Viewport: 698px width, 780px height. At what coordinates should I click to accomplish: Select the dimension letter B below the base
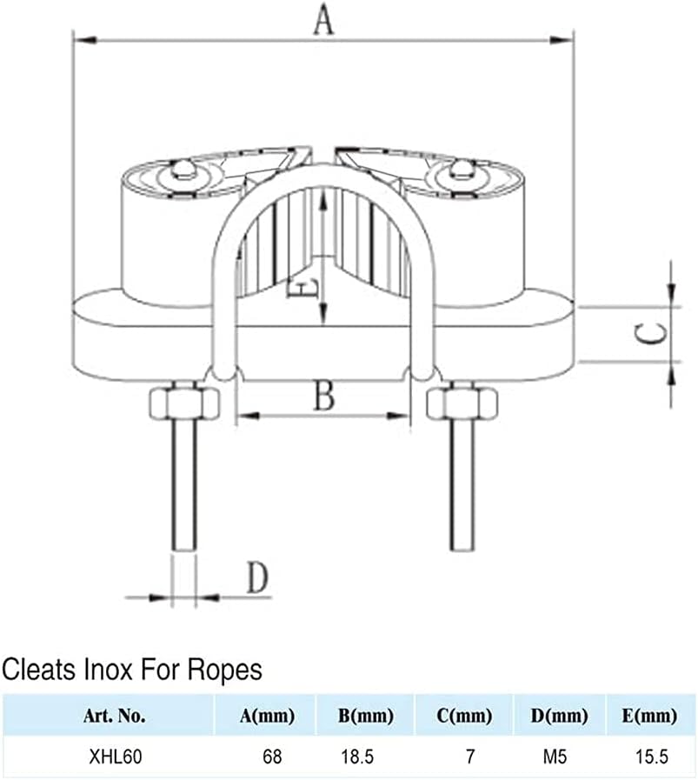323,397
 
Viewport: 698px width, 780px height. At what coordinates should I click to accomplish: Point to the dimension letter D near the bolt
256,577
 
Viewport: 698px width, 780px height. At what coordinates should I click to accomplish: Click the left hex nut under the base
183,403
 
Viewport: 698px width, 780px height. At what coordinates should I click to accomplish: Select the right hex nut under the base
462,403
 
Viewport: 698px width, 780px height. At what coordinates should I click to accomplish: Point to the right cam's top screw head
464,170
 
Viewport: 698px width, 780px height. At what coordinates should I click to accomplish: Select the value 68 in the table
272,757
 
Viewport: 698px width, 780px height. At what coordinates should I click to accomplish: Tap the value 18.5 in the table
356,757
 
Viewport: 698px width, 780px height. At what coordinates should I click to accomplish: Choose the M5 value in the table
555,757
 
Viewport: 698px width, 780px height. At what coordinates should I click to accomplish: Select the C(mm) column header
465,717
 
